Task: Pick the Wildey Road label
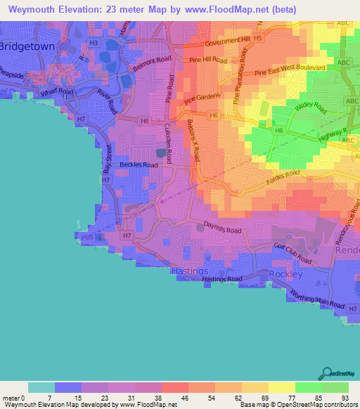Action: (x=312, y=108)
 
